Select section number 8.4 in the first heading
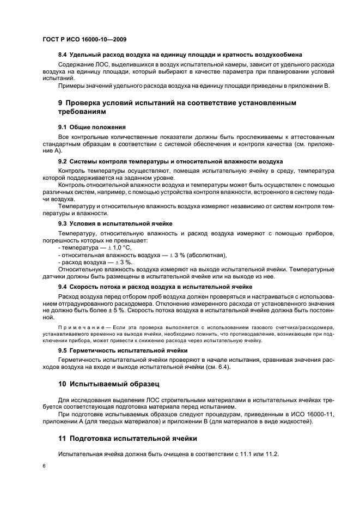(64, 55)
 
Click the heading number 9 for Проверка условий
(61, 102)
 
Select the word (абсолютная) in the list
(208, 255)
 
